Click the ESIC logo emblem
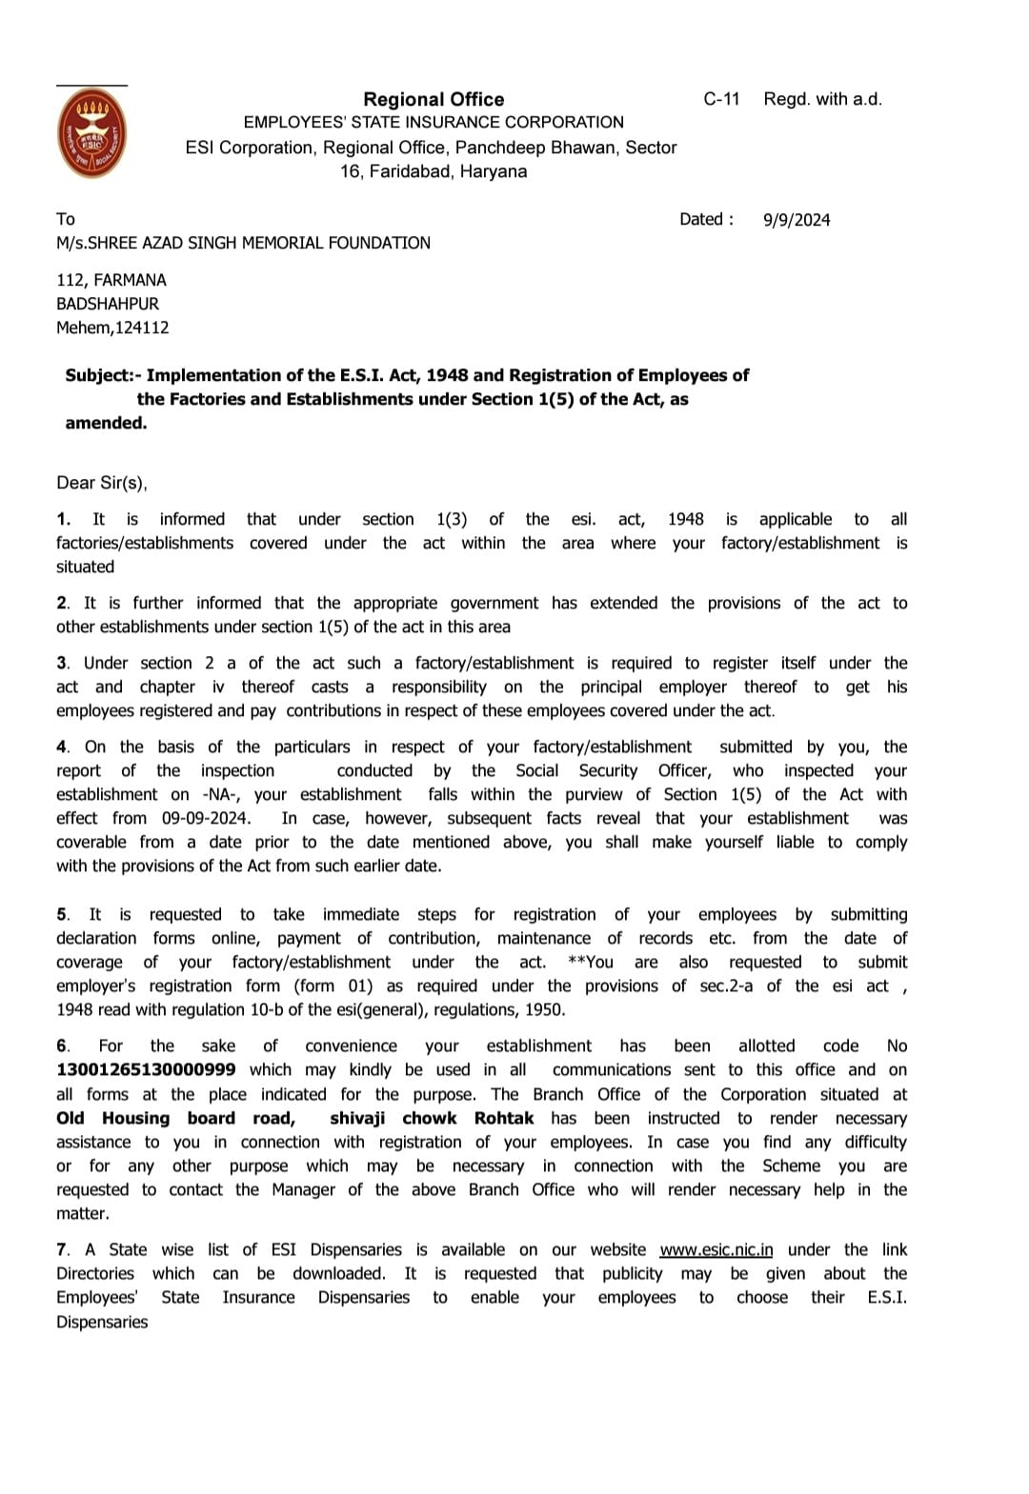[x=91, y=134]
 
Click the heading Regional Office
[x=434, y=99]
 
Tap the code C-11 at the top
[x=721, y=99]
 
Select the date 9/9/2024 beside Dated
[x=797, y=220]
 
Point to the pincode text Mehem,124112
[x=112, y=328]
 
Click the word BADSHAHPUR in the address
[x=108, y=304]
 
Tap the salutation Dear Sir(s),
[x=102, y=483]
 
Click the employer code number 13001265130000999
[x=146, y=1070]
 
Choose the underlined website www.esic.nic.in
[x=716, y=1250]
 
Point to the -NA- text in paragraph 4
[x=222, y=794]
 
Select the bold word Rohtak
[x=504, y=1118]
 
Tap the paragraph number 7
[x=62, y=1250]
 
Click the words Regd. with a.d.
[x=822, y=99]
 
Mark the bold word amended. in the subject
[x=106, y=423]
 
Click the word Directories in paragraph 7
[x=95, y=1274]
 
